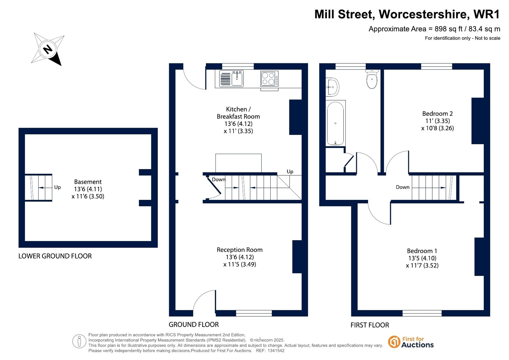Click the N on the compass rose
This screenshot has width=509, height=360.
click(x=48, y=49)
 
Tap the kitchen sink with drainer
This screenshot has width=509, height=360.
click(x=231, y=79)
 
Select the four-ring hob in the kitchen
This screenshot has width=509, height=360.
click(x=270, y=79)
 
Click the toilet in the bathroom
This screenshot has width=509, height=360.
click(x=372, y=79)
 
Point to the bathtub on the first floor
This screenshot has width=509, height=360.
click(x=336, y=123)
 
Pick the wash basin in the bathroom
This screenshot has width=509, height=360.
click(x=332, y=87)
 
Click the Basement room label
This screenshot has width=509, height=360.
click(x=88, y=182)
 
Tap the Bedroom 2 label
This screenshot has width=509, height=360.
click(x=437, y=114)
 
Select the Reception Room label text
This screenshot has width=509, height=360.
click(x=239, y=250)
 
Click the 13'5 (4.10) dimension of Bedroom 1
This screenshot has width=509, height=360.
click(x=422, y=258)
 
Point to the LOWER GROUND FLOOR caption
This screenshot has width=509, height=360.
click(x=55, y=256)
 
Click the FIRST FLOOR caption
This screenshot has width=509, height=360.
click(x=370, y=325)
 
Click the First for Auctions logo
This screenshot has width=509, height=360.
click(x=411, y=342)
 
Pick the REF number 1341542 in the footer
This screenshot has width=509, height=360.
click(x=276, y=351)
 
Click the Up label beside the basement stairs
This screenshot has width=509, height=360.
click(x=58, y=187)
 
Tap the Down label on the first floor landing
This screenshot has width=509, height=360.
click(x=402, y=187)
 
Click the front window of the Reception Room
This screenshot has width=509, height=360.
click(x=254, y=313)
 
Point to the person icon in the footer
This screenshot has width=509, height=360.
click(x=79, y=341)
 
